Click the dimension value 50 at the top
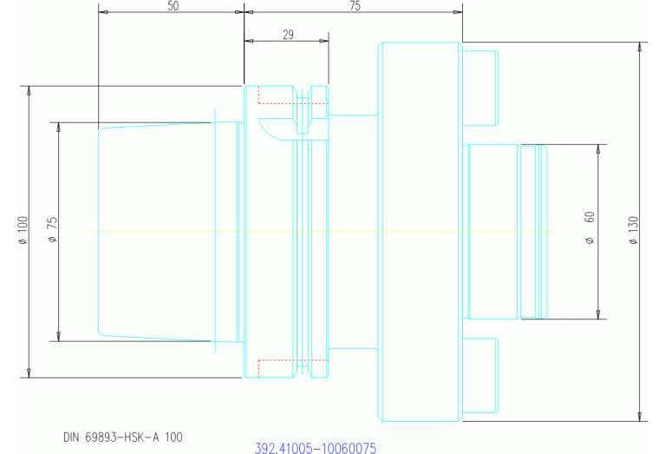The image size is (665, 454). [173, 6]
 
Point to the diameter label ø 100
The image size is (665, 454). [23, 232]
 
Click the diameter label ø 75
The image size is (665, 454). [53, 231]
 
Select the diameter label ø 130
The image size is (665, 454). [633, 230]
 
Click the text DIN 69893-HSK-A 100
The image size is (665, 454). [122, 437]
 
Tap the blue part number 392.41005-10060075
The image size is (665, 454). [315, 449]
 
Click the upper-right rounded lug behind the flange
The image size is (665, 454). [479, 88]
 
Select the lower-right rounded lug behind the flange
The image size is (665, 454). [479, 375]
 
